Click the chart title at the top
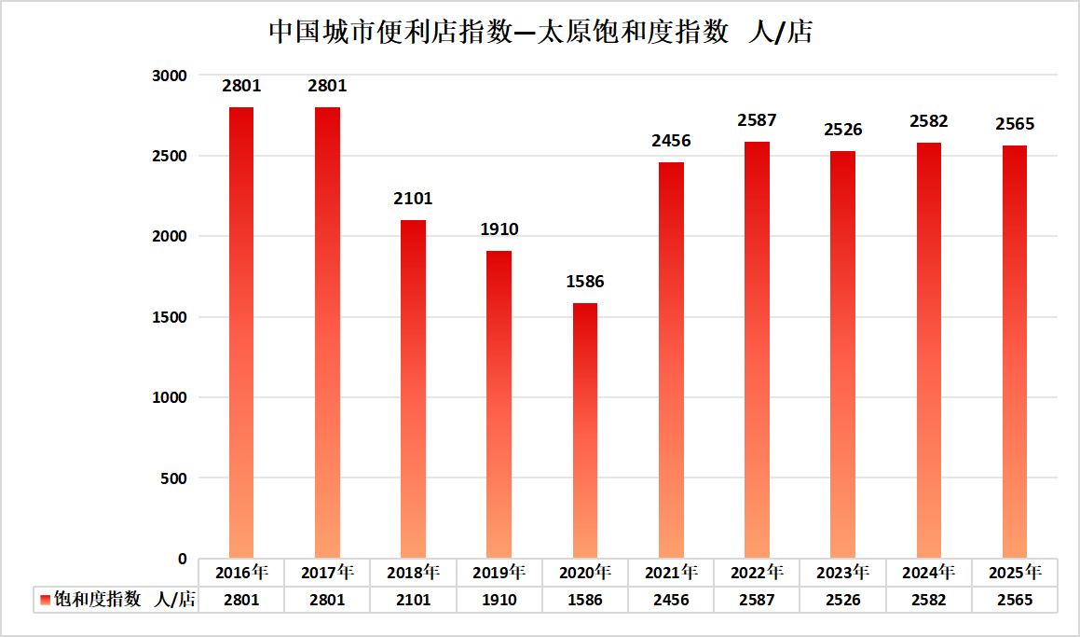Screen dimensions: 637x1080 pyautogui.click(x=540, y=33)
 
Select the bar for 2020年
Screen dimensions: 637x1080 pyautogui.click(x=585, y=431)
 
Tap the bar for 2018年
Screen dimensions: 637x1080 pyautogui.click(x=413, y=389)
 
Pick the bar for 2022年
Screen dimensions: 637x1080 pyautogui.click(x=757, y=350)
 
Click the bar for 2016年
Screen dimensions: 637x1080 pyautogui.click(x=241, y=333)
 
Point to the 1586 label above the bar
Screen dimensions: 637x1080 pyautogui.click(x=585, y=282)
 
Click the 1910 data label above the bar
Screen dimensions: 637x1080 pyautogui.click(x=499, y=229)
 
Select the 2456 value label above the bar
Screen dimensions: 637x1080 pyautogui.click(x=671, y=141)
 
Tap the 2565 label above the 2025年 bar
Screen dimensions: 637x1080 pyautogui.click(x=1015, y=124)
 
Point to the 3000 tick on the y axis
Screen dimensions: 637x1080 pyautogui.click(x=170, y=76)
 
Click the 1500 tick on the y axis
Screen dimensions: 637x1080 pyautogui.click(x=170, y=317)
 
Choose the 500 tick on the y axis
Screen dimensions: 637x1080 pyautogui.click(x=174, y=478)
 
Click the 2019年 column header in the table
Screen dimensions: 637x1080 pyautogui.click(x=499, y=572)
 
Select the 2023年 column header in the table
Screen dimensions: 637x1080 pyautogui.click(x=842, y=572)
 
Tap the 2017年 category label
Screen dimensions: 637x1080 pyautogui.click(x=327, y=572)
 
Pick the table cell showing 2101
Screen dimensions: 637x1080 pyautogui.click(x=413, y=600)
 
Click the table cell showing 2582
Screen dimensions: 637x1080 pyautogui.click(x=928, y=600)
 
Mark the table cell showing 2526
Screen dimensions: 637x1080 pyautogui.click(x=842, y=600)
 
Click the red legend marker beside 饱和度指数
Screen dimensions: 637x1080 pyautogui.click(x=44, y=600)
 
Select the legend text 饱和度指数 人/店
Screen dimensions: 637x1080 pyautogui.click(x=124, y=600)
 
